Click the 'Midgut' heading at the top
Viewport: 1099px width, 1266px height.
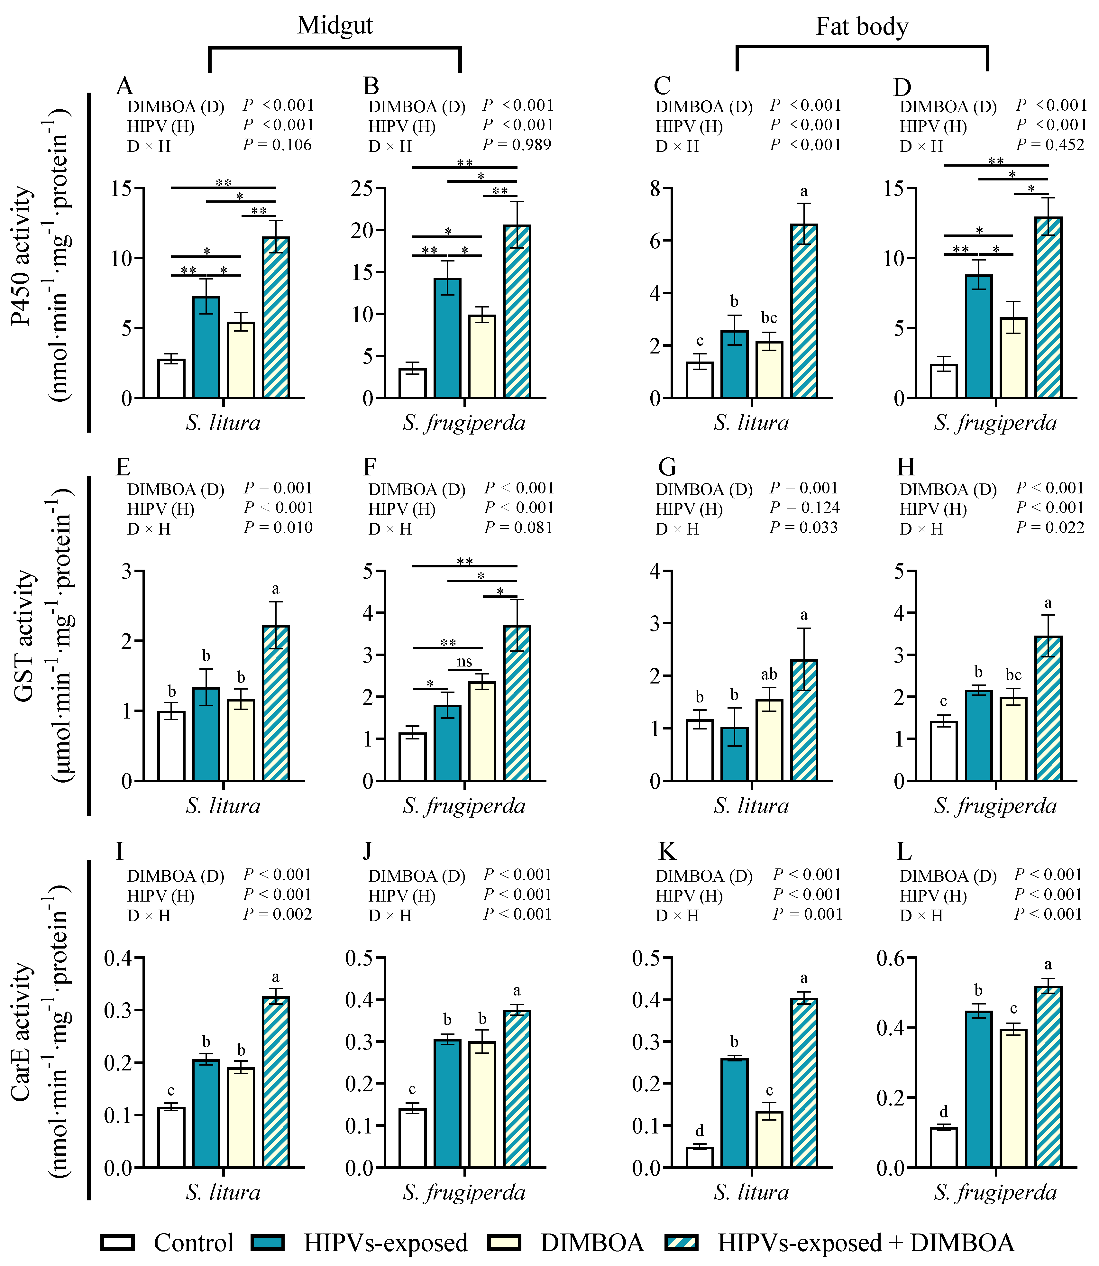[335, 26]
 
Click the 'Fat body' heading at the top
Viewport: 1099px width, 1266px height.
[862, 27]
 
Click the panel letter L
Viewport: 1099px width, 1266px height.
[904, 851]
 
